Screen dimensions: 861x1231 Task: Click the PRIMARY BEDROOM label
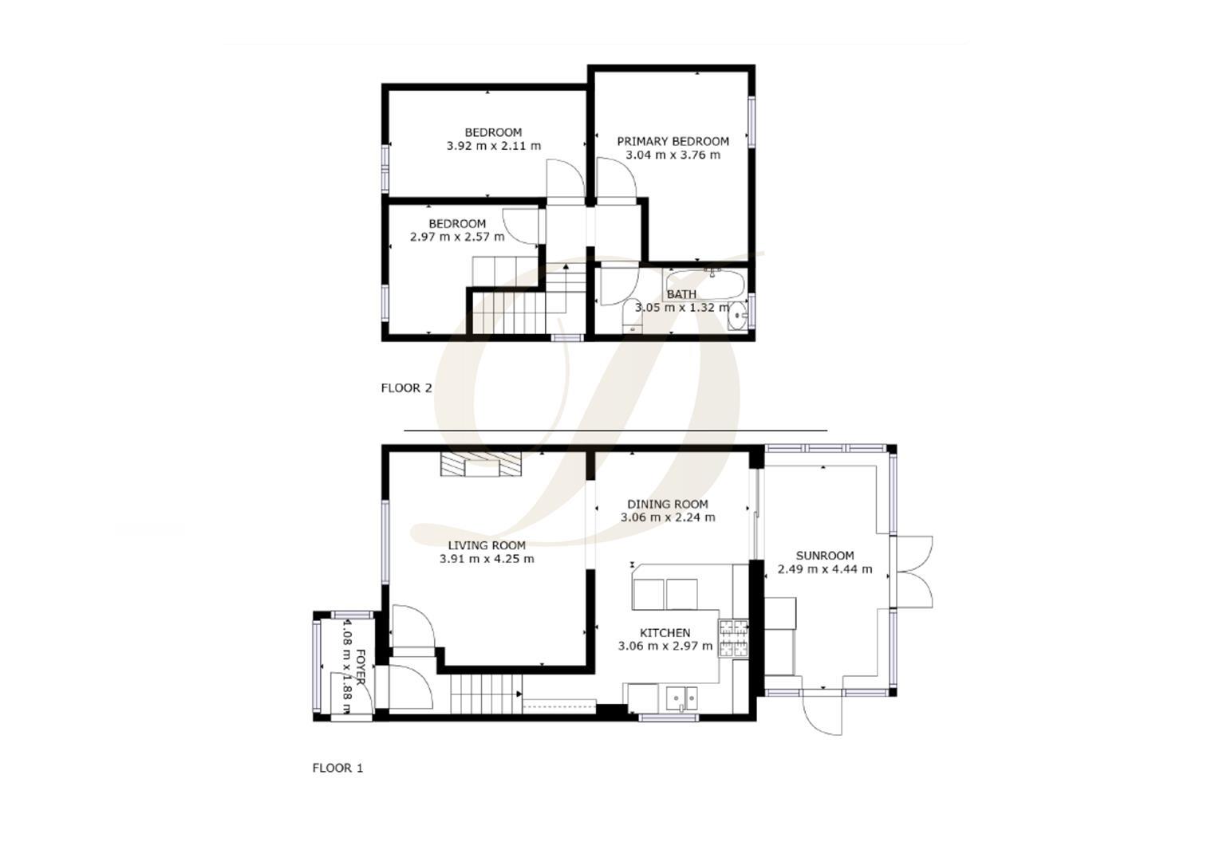coord(673,141)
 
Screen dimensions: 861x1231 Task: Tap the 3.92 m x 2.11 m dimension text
coord(493,146)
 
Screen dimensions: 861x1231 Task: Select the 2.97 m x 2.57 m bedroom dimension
coord(457,237)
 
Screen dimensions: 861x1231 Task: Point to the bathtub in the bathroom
coord(706,283)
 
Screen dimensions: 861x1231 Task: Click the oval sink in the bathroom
coord(738,316)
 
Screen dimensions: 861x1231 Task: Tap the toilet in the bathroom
coord(632,316)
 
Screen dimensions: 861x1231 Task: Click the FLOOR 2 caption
coord(406,388)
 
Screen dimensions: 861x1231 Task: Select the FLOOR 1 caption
coord(337,769)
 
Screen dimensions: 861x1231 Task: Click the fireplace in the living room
coord(480,464)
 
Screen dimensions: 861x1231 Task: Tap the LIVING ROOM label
coord(487,545)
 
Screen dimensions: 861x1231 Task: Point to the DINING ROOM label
coord(668,504)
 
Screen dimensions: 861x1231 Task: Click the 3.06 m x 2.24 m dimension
coord(668,517)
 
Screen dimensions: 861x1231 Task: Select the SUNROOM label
coord(825,556)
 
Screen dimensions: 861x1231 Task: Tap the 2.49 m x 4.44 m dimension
coord(825,569)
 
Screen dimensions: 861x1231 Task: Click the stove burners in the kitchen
coord(734,638)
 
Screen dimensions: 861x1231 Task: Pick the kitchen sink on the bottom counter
coord(681,698)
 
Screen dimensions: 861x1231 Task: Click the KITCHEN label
coord(665,633)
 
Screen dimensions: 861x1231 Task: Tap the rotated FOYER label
coord(361,667)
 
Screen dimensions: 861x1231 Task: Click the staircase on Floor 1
coord(485,694)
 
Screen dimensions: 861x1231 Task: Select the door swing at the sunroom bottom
coord(824,714)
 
